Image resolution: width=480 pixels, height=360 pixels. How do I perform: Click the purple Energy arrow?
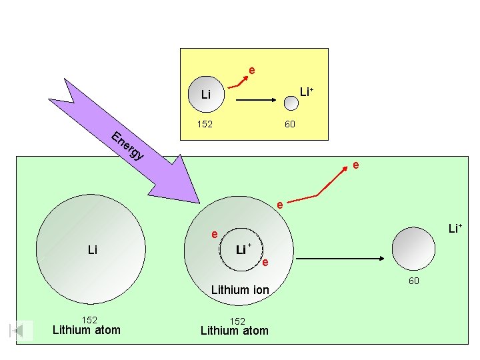point(129,144)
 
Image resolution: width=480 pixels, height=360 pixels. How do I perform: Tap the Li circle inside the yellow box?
point(206,94)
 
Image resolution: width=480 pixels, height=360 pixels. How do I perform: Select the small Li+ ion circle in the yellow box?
point(291,103)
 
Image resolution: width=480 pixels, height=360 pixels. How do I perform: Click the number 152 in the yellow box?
point(205,124)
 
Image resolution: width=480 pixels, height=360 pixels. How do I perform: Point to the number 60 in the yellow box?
point(290,124)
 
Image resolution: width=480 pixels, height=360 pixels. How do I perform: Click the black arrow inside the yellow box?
point(256,100)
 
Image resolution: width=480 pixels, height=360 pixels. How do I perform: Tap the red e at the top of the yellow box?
point(252,71)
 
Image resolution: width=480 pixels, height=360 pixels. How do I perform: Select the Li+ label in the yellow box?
point(307,91)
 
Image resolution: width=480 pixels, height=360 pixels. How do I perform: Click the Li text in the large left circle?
point(93,250)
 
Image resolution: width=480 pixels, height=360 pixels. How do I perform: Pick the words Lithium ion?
point(240,289)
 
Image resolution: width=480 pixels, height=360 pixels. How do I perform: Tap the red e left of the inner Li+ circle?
point(215,235)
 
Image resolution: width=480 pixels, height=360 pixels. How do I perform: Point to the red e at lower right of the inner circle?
point(265,263)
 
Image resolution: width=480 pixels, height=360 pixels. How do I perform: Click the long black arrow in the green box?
point(340,259)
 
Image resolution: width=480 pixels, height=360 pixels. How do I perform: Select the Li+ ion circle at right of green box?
point(413,249)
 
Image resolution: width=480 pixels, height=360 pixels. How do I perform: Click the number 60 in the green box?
point(414,281)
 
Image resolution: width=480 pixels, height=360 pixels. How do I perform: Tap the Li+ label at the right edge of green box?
point(455,229)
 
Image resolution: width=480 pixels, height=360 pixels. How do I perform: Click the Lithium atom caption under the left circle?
point(87,330)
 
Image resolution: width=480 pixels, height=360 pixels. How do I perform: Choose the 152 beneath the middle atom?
point(237,321)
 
